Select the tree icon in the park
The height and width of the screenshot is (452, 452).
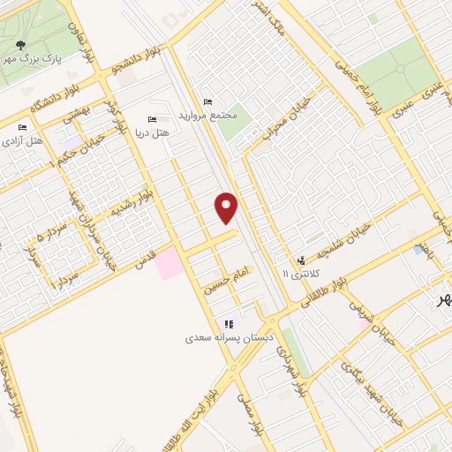pyautogui.click(x=19, y=43)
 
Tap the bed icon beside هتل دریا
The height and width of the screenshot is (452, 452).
pyautogui.click(x=152, y=120)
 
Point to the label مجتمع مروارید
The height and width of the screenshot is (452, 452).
pyautogui.click(x=209, y=116)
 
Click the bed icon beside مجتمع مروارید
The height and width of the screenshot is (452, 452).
pyautogui.click(x=208, y=102)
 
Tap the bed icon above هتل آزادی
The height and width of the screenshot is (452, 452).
pyautogui.click(x=22, y=128)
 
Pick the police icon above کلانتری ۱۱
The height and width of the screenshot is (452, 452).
pyautogui.click(x=303, y=260)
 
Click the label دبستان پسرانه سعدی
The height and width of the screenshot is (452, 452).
pyautogui.click(x=230, y=337)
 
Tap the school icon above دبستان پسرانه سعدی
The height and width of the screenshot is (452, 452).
pyautogui.click(x=230, y=324)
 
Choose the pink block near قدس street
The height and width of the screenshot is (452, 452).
pyautogui.click(x=169, y=264)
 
